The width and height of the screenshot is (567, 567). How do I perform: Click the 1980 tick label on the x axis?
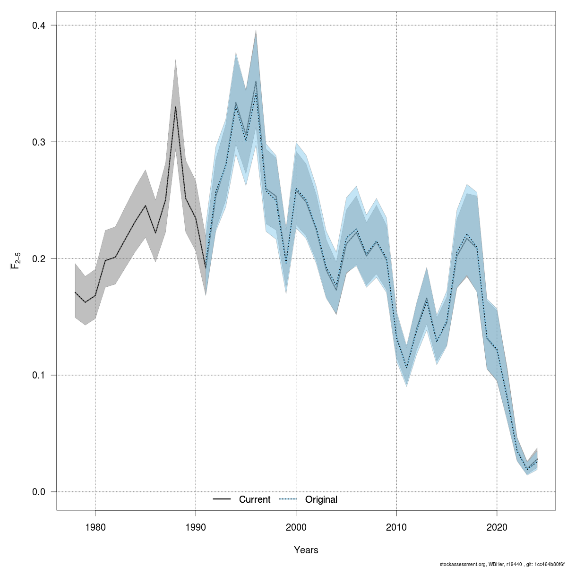[95, 527]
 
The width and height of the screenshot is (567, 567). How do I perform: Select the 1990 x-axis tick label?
[196, 527]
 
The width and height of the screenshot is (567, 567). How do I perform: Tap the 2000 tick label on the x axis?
[296, 527]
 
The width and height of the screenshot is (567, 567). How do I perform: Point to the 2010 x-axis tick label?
[396, 527]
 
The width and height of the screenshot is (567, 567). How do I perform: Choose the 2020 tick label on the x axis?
[497, 527]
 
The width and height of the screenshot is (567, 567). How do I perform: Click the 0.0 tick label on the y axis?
[38, 492]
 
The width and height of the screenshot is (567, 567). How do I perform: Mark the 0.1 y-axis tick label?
[38, 375]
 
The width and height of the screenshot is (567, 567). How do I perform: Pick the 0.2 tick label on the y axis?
[38, 258]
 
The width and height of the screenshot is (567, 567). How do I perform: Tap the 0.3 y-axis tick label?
[38, 142]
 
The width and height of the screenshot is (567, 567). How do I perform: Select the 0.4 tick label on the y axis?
[38, 25]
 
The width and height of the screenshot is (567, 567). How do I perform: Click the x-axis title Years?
[306, 550]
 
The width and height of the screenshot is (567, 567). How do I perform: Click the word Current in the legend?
[255, 499]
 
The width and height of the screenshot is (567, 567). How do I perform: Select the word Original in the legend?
[321, 499]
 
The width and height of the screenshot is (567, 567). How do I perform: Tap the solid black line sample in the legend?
[222, 499]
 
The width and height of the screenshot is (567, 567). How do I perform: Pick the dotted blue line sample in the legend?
[288, 499]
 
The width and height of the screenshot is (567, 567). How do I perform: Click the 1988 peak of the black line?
[175, 107]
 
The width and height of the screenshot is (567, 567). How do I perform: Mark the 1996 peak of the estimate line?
[256, 81]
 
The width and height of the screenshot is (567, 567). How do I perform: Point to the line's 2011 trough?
[406, 367]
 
